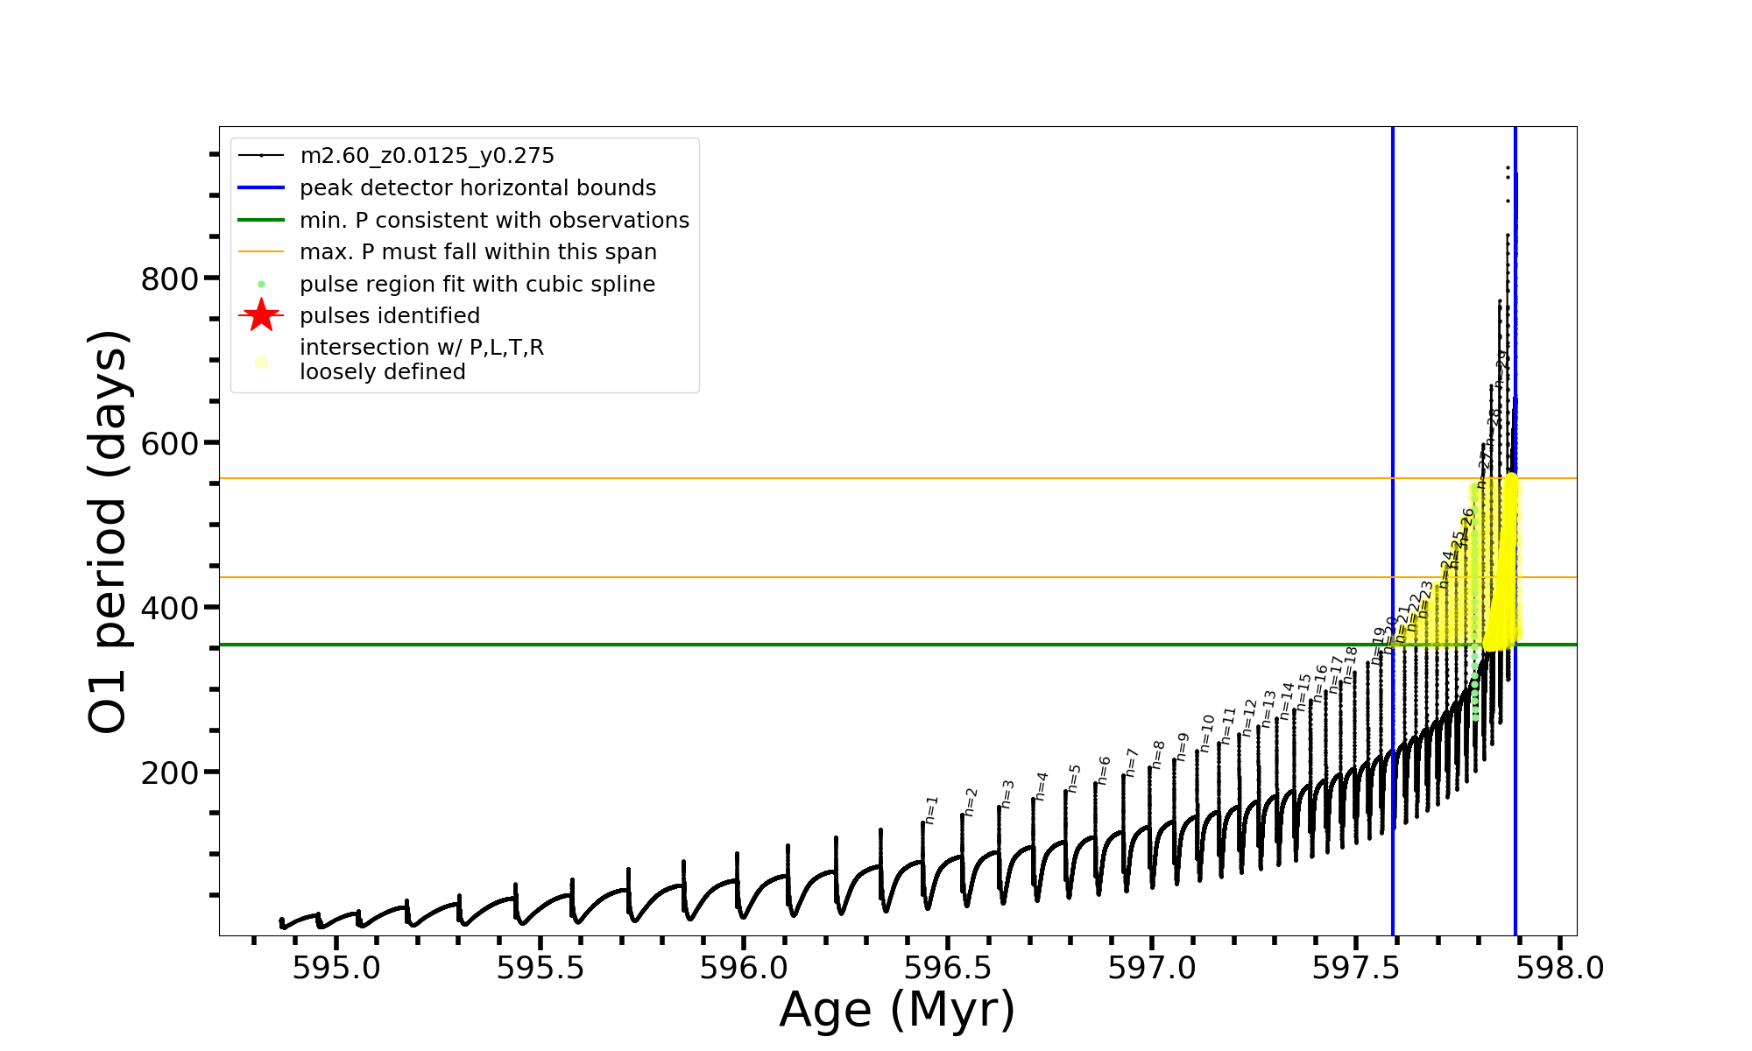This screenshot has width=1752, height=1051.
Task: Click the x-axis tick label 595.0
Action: point(336,969)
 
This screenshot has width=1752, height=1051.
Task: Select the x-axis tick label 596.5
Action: point(948,969)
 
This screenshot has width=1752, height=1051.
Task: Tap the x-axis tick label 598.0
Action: point(1560,969)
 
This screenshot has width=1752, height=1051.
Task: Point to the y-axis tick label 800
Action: point(170,279)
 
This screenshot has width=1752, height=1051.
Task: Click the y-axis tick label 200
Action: point(170,773)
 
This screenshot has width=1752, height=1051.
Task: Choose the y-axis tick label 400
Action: point(170,609)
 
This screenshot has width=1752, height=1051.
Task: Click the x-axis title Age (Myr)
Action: point(897,1010)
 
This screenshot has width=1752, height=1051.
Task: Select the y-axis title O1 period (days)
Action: point(109,532)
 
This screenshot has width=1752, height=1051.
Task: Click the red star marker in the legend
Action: point(261,316)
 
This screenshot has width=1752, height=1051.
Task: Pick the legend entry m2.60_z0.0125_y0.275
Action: point(427,156)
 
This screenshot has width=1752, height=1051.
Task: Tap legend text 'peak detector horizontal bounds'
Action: point(477,188)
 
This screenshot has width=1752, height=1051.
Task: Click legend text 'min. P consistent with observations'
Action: point(494,221)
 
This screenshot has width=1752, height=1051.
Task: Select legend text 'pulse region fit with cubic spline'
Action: point(477,285)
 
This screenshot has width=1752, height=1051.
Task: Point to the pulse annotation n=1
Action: point(930,810)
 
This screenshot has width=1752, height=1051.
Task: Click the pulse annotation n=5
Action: point(1074,778)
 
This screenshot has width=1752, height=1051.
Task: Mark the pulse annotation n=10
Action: point(1207,733)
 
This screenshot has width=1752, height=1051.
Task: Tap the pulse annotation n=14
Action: point(1286,701)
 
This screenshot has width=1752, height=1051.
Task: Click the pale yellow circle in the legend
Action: point(261,361)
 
